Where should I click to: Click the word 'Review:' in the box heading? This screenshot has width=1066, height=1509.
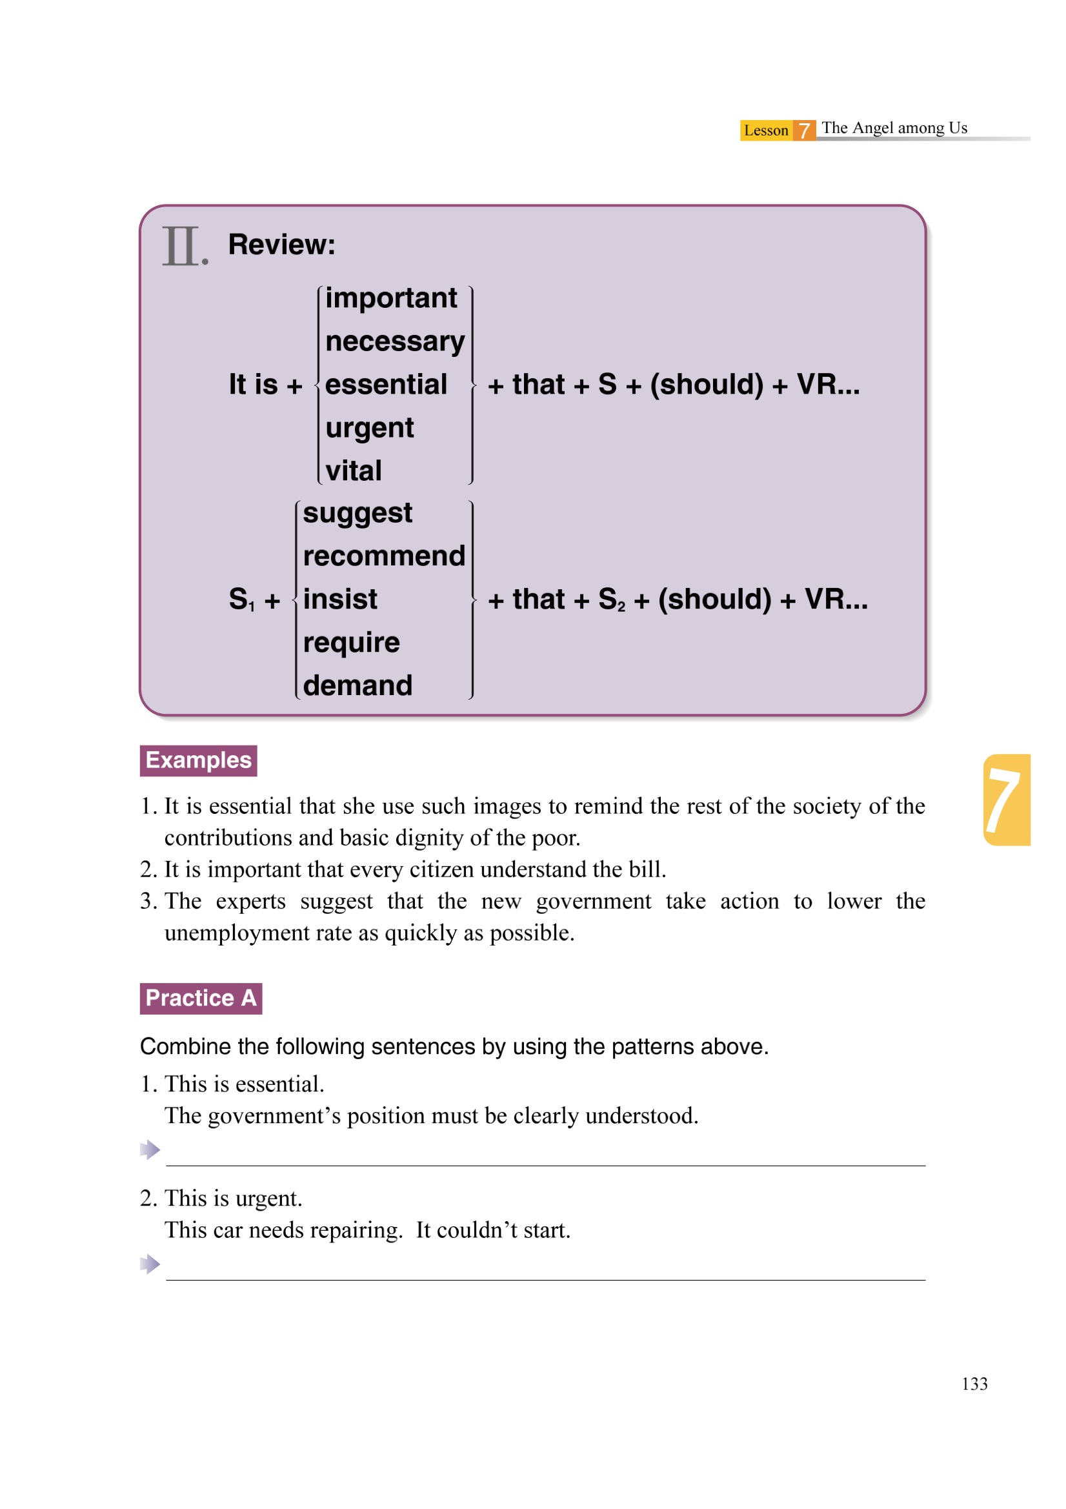click(281, 245)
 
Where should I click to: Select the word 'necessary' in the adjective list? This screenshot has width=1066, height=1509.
click(394, 342)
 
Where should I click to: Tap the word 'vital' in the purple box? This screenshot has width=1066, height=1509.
click(353, 471)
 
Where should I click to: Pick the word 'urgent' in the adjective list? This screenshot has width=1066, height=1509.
click(369, 429)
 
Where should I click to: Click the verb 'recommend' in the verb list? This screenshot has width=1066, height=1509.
click(384, 556)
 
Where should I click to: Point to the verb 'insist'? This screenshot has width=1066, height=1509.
click(340, 600)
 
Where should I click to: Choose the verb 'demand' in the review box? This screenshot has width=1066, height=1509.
click(357, 685)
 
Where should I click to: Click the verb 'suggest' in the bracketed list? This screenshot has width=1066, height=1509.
click(357, 513)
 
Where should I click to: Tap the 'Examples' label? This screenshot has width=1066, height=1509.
click(199, 760)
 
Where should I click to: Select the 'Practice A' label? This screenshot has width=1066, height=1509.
click(201, 998)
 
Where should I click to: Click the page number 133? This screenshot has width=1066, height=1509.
click(974, 1384)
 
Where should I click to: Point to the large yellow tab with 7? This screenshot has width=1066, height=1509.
click(1005, 799)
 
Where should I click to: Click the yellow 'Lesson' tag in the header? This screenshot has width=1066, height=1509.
click(766, 130)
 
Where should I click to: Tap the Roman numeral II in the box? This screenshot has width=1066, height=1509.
click(181, 247)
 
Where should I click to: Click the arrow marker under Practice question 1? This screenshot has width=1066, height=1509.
click(150, 1149)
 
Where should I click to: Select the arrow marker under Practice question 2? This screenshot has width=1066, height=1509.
click(150, 1264)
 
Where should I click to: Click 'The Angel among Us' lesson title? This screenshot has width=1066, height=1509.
click(894, 128)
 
